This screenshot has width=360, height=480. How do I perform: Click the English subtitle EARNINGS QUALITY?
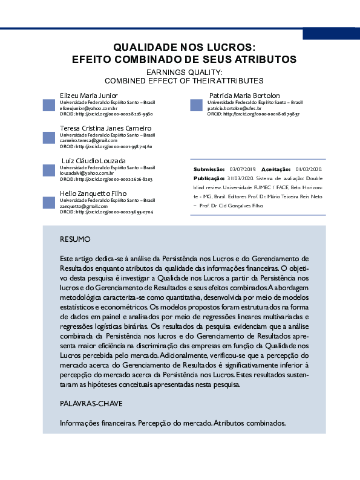(185, 72)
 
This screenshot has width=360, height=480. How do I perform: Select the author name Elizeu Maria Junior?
(88, 96)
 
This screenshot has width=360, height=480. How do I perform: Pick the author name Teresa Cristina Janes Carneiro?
(105, 128)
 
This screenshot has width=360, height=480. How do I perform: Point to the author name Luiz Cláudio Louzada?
(93, 160)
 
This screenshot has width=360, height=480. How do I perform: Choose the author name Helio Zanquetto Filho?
(93, 193)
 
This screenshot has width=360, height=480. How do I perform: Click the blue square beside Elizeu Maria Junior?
(49, 105)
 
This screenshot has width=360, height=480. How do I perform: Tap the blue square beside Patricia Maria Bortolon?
(196, 105)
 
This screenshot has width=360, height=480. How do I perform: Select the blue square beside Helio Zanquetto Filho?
(49, 203)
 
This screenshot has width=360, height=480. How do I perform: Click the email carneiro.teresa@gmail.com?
(88, 140)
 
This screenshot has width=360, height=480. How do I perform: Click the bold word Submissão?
(209, 169)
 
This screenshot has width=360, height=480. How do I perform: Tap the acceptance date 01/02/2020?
(309, 169)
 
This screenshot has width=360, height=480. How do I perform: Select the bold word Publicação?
(209, 178)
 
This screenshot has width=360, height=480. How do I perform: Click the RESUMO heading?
(75, 239)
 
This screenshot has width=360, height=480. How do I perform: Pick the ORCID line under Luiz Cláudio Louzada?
(106, 180)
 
